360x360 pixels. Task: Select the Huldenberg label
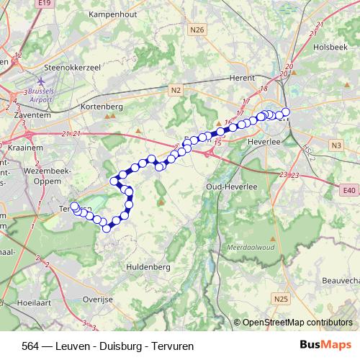148,266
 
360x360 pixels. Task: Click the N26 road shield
198,30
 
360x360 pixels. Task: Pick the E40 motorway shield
348,190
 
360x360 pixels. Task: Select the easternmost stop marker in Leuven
286,112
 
